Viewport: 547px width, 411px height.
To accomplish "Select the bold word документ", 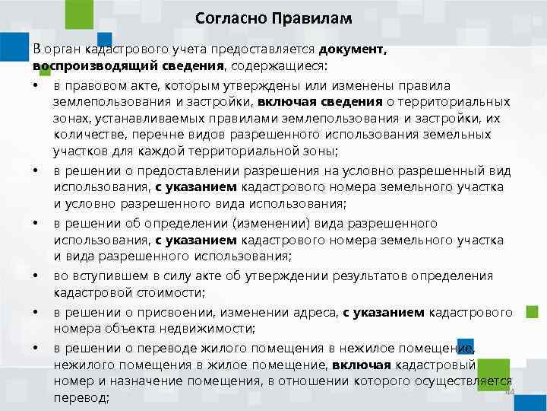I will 353,49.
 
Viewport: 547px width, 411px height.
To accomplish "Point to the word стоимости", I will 182,292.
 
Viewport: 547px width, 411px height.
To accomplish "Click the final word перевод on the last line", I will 80,397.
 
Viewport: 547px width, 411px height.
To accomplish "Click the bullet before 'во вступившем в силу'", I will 36,276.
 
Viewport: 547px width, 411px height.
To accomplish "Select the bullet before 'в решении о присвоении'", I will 36,312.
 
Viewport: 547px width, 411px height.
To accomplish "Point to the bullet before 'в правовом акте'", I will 36,85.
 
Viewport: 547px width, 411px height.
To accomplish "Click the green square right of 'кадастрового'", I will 532,311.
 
